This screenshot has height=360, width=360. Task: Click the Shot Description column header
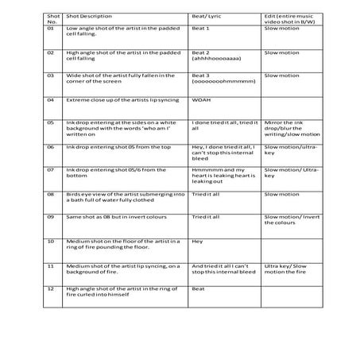click(90, 15)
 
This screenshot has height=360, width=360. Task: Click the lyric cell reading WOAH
click(201, 101)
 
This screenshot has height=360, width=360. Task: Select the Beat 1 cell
click(201, 29)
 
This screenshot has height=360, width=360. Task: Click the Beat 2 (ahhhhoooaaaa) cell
click(211, 55)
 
